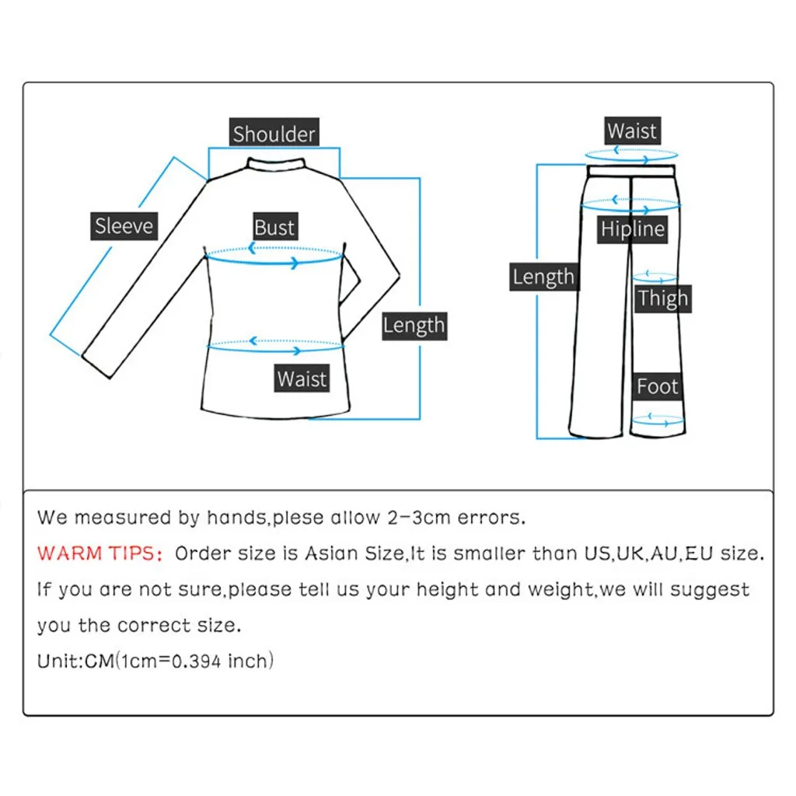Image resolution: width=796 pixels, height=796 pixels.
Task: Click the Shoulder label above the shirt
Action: click(274, 134)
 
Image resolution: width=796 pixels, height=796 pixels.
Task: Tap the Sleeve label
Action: click(124, 226)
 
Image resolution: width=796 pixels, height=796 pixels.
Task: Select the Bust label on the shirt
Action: click(274, 228)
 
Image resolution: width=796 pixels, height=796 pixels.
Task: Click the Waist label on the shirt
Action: click(302, 379)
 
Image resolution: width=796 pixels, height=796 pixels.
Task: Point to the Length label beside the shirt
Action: click(414, 325)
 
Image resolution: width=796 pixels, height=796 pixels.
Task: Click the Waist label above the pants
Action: click(632, 131)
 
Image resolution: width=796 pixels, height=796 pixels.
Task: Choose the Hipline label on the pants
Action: click(633, 229)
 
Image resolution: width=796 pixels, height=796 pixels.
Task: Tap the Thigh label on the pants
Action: click(663, 298)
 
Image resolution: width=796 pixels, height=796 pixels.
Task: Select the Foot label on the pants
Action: click(658, 386)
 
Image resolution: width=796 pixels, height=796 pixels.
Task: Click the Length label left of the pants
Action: click(543, 277)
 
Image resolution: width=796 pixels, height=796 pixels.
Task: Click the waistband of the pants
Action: click(632, 170)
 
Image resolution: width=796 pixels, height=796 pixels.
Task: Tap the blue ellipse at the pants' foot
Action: click(657, 421)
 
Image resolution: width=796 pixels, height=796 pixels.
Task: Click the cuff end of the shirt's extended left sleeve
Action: click(99, 364)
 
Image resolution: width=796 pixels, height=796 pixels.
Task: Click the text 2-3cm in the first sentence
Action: click(417, 518)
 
